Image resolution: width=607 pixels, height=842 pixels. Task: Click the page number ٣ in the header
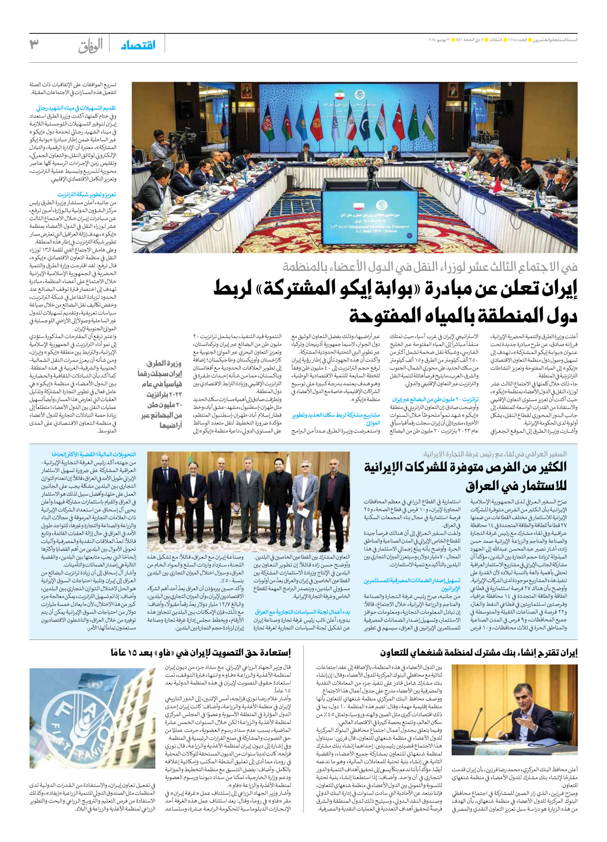pos(34,44)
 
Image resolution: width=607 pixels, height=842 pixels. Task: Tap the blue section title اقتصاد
pos(138,45)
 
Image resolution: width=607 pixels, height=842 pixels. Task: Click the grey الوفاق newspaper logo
pos(91,46)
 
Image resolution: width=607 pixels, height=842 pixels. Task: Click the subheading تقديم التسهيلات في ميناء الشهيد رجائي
pos(76,108)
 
